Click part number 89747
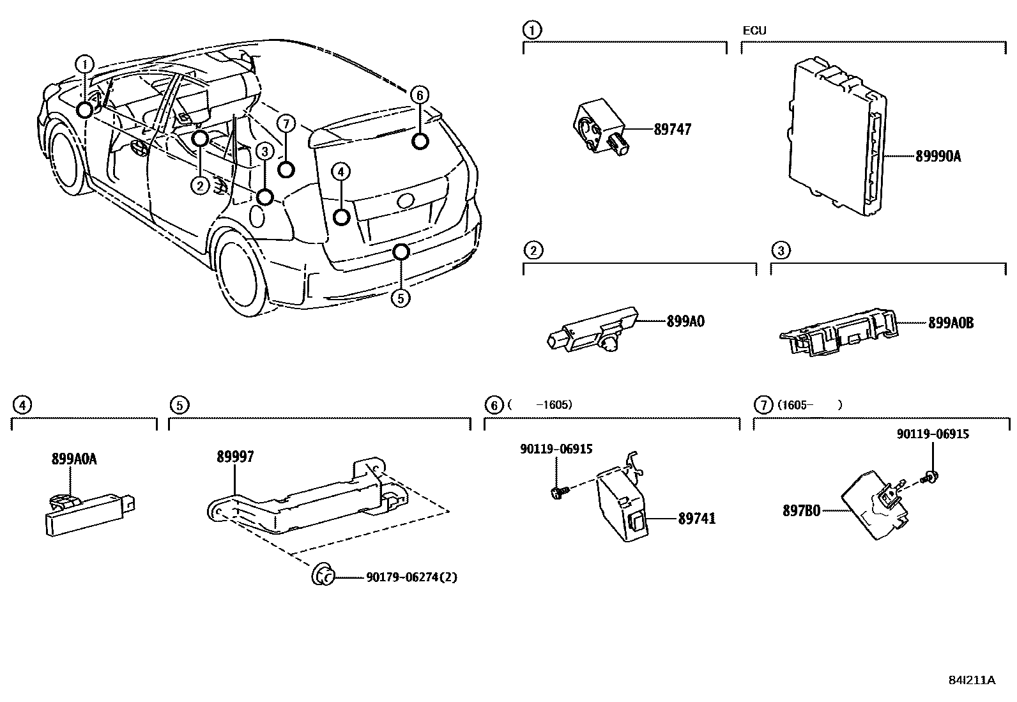[x=672, y=130]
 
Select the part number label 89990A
[x=937, y=155]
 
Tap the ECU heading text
[x=754, y=31]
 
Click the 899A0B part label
[x=951, y=323]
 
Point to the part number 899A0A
[x=74, y=459]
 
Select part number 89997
[x=235, y=456]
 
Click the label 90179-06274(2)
[x=411, y=577]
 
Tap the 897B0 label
[x=801, y=510]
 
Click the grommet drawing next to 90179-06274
[x=323, y=575]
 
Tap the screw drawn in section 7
[x=929, y=475]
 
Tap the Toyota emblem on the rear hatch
[x=406, y=200]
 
